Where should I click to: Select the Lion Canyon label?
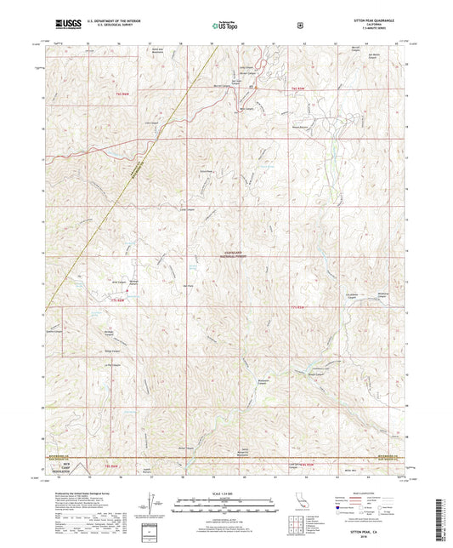[x=156, y=123]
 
